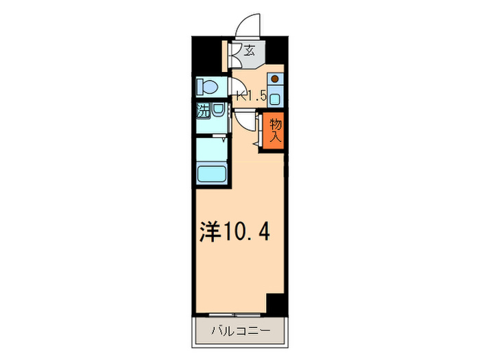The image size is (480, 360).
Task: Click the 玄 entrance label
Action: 250,50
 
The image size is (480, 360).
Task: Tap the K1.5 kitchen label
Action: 251,97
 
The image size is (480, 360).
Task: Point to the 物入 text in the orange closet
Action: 275,130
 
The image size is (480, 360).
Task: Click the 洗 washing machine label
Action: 204,110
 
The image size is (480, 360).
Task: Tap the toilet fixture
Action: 206,86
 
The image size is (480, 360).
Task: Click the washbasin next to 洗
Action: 217,110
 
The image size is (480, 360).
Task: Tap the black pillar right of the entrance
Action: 275,49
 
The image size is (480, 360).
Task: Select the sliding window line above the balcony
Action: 239,316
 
